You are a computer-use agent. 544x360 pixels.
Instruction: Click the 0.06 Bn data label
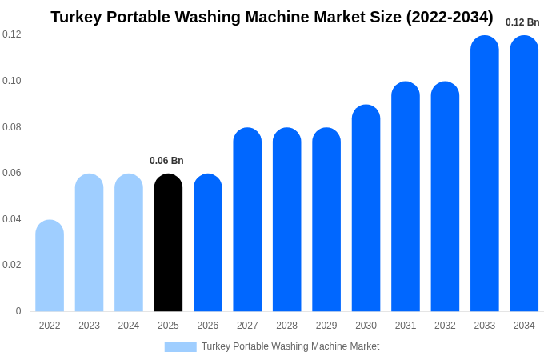166,161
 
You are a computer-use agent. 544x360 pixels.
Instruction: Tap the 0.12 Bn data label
522,22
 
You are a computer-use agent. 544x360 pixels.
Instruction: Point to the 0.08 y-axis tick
12,127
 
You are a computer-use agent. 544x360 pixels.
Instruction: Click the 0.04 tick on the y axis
12,219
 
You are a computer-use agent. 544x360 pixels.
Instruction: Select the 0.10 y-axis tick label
12,81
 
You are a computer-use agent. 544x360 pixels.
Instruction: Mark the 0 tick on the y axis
18,311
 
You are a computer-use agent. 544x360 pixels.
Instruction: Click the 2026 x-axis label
208,326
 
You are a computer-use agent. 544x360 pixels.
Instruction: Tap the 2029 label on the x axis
326,326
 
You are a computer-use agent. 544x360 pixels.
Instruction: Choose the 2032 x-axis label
445,326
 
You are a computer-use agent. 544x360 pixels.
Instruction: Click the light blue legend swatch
180,347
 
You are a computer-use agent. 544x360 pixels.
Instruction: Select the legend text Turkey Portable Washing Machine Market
290,346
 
